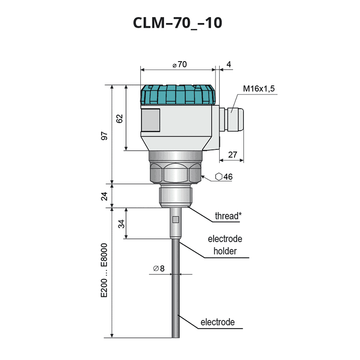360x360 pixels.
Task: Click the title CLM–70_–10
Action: click(177, 23)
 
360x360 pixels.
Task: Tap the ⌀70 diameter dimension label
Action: click(180, 65)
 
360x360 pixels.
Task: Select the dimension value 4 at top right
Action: click(228, 64)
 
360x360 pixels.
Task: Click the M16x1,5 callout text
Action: click(258, 89)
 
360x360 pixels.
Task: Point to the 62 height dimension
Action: click(120, 118)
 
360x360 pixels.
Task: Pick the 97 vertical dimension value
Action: click(105, 136)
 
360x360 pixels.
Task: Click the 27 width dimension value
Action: click(233, 154)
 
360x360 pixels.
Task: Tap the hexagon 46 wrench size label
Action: click(224, 177)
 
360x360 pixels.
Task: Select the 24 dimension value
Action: click(105, 196)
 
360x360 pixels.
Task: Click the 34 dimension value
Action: click(122, 223)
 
